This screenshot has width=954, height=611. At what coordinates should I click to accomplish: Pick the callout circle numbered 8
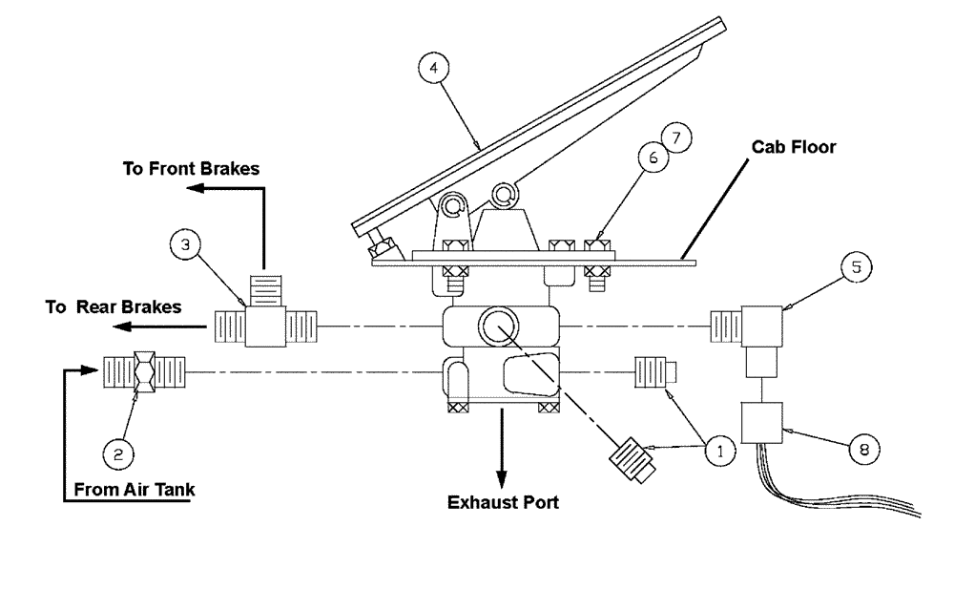pyautogui.click(x=865, y=449)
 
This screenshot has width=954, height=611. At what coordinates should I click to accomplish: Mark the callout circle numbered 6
pyautogui.click(x=654, y=159)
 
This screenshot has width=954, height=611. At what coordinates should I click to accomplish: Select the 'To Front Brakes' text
pyautogui.click(x=191, y=169)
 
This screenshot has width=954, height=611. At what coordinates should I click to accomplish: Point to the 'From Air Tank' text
pyautogui.click(x=134, y=490)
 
